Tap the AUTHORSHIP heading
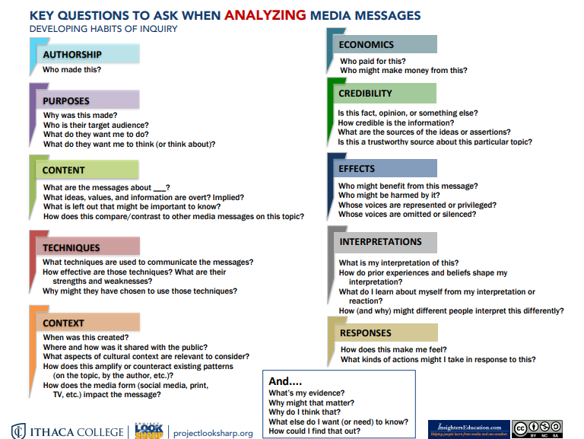coord(72,55)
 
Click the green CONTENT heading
coord(64,170)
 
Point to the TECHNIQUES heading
coord(71,247)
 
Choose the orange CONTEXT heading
coord(64,323)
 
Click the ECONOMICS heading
coord(367,45)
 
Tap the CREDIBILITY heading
coord(366,94)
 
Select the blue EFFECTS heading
coord(357,168)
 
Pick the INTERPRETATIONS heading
coord(381,242)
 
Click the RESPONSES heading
coord(366,332)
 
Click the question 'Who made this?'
coord(72,70)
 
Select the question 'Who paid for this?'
coord(373,61)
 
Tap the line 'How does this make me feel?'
coord(392,349)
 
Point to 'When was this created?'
coord(85,338)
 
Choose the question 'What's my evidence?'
coord(302,393)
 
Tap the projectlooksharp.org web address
coord(214,432)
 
